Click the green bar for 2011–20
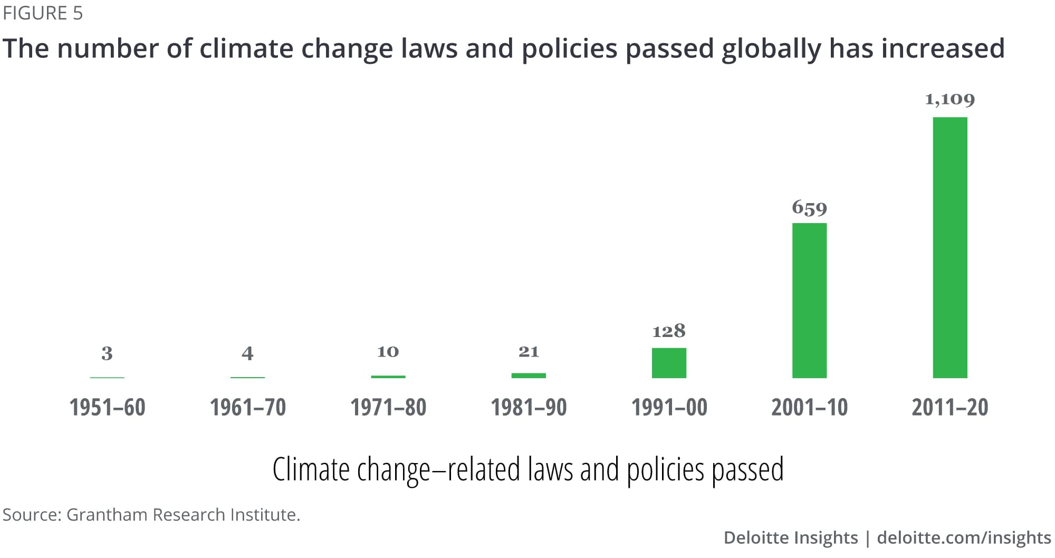click(x=949, y=247)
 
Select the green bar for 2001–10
click(x=809, y=300)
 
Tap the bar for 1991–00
click(x=669, y=363)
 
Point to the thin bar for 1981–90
click(x=529, y=376)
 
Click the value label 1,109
click(x=949, y=99)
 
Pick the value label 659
click(x=809, y=208)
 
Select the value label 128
click(x=669, y=331)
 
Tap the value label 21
click(x=529, y=352)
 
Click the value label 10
click(x=388, y=352)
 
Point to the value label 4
click(x=247, y=353)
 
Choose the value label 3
click(x=107, y=353)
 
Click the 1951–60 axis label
click(x=107, y=407)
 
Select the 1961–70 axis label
click(x=247, y=407)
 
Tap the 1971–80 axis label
click(x=388, y=407)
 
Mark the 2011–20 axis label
click(x=949, y=407)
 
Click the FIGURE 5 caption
click(x=43, y=13)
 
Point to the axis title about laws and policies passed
click(x=527, y=469)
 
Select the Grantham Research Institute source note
click(x=151, y=514)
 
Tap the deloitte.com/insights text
click(x=964, y=537)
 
